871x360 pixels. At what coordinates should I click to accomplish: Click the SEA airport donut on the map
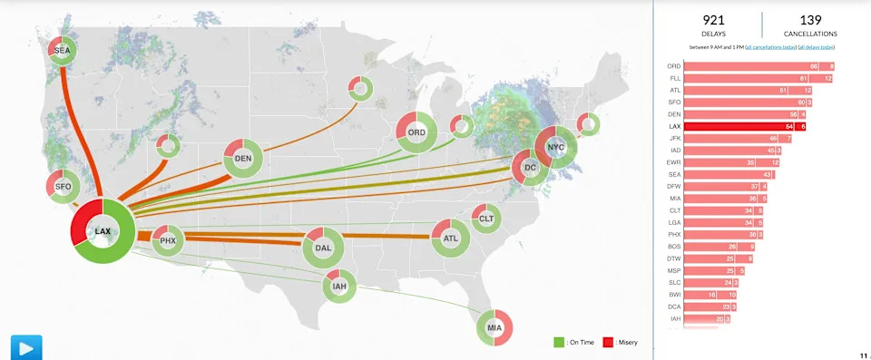[62, 51]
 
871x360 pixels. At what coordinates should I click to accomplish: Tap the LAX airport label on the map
[103, 231]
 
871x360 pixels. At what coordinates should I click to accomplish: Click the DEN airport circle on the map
[243, 159]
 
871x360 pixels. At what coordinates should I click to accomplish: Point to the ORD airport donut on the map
[416, 132]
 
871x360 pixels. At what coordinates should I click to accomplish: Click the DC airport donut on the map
[531, 168]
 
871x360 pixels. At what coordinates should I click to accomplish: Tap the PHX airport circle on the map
[168, 241]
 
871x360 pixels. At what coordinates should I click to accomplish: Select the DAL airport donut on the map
[323, 247]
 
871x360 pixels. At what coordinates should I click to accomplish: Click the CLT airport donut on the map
[486, 218]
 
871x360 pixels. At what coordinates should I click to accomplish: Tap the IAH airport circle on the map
[339, 287]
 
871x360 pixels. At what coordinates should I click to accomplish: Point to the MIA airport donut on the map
[494, 326]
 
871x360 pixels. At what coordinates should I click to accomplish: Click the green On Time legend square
[559, 342]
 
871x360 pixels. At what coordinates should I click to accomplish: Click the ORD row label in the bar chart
[673, 66]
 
